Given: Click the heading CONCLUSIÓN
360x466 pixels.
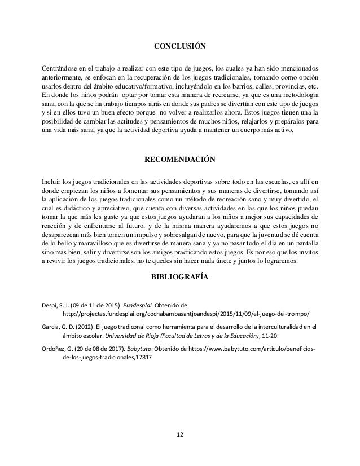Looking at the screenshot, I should pos(180,46).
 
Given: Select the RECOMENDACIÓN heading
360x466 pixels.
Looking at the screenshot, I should pos(180,160).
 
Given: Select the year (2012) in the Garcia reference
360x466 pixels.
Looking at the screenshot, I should pos(85,326).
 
